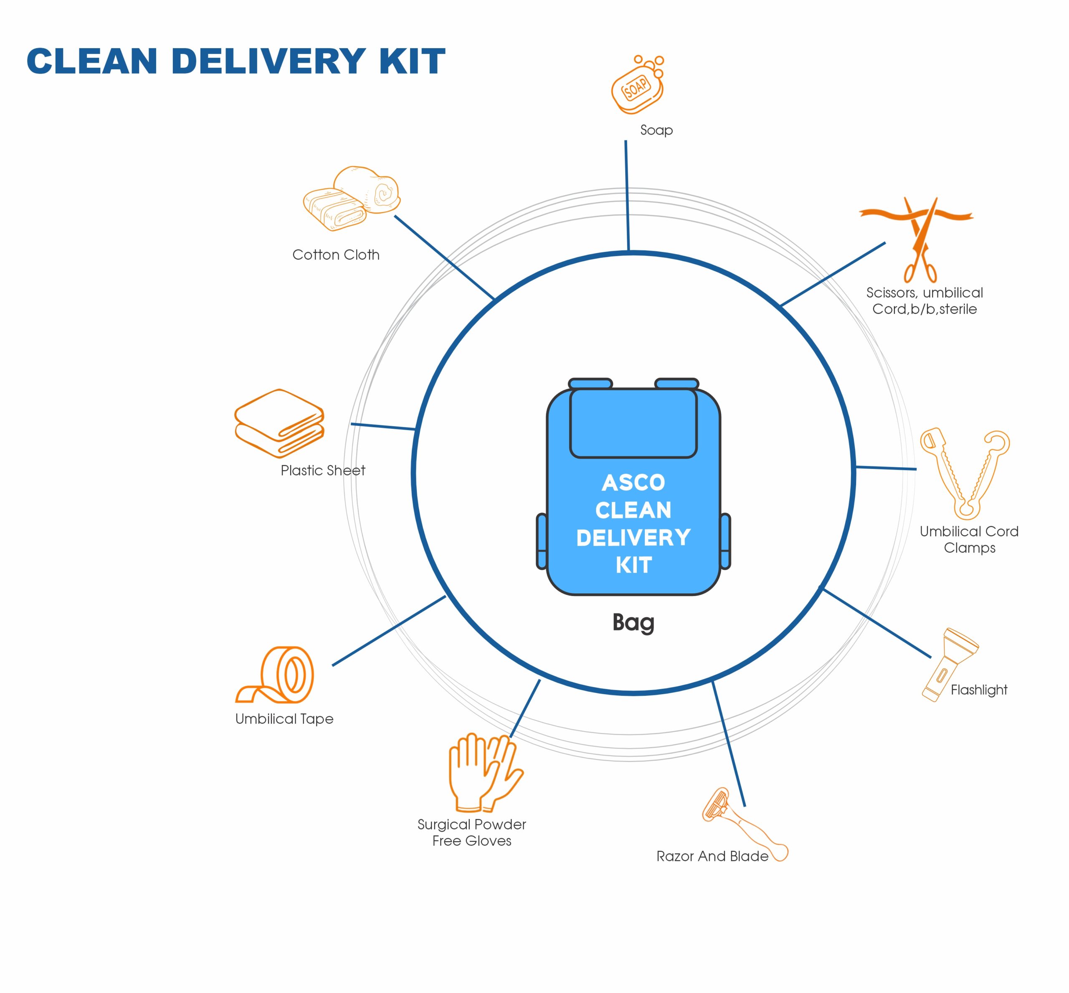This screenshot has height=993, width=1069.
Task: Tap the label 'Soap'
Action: pyautogui.click(x=656, y=130)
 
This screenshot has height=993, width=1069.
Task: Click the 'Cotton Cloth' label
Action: pyautogui.click(x=336, y=255)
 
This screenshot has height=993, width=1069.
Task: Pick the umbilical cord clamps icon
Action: pyautogui.click(x=964, y=473)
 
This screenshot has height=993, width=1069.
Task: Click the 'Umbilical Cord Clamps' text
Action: pyautogui.click(x=969, y=539)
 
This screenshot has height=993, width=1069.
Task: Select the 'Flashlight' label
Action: pyautogui.click(x=978, y=690)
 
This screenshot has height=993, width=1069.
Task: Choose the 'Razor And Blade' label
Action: pyautogui.click(x=712, y=856)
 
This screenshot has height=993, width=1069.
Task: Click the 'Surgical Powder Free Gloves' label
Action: pyautogui.click(x=471, y=833)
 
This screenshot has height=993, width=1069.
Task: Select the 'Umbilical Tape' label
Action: pyautogui.click(x=284, y=719)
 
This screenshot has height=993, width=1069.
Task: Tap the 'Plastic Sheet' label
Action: pyautogui.click(x=323, y=471)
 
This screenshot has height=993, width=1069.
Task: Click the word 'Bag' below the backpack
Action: pyautogui.click(x=633, y=622)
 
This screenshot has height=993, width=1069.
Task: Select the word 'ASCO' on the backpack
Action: pyautogui.click(x=633, y=483)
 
